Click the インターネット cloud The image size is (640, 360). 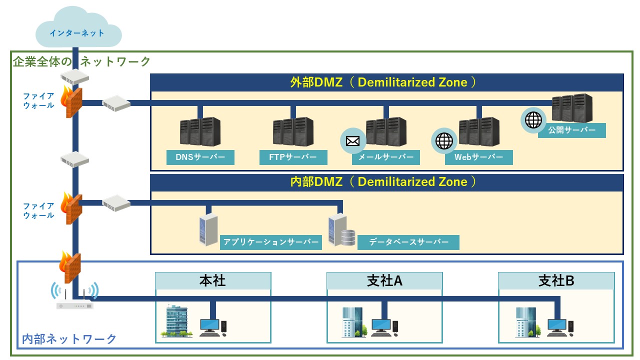point(77,32)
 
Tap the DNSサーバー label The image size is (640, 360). point(200,157)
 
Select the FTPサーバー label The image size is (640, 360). point(293,157)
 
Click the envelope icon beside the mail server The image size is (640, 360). point(353,140)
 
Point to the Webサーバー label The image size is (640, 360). point(479,157)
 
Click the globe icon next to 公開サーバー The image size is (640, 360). point(533,120)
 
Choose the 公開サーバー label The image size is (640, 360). point(572,130)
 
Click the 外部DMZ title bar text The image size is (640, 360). point(386,82)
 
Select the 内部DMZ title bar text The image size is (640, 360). point(386,182)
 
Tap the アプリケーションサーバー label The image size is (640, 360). point(270,242)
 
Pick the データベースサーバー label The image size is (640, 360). point(408,242)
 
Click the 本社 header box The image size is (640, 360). point(213,280)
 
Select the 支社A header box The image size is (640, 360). point(384,280)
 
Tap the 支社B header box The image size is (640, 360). point(556,280)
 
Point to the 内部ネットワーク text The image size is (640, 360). point(69,339)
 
